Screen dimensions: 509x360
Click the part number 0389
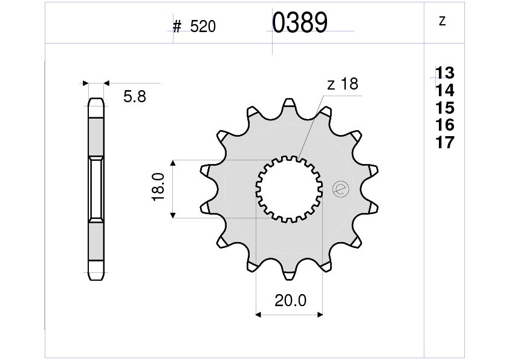click(300, 23)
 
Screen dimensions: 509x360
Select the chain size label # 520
click(194, 27)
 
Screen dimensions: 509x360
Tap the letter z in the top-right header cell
click(442, 21)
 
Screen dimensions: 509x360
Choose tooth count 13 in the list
click(445, 73)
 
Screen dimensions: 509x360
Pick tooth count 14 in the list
click(445, 90)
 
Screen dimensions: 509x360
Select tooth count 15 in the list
click(445, 108)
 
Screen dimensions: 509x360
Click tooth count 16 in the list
click(445, 125)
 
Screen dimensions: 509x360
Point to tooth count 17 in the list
click(445, 143)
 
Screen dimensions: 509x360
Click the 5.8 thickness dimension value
click(135, 97)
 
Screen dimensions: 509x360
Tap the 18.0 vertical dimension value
click(159, 187)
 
